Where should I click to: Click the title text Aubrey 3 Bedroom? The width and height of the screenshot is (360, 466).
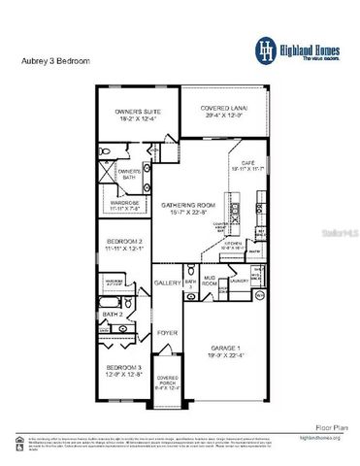55,60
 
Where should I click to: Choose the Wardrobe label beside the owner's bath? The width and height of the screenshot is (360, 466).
126,204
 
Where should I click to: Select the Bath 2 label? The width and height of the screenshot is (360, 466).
113,316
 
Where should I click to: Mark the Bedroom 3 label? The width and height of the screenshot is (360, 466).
124,370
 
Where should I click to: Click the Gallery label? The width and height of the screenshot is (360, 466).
167,283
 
